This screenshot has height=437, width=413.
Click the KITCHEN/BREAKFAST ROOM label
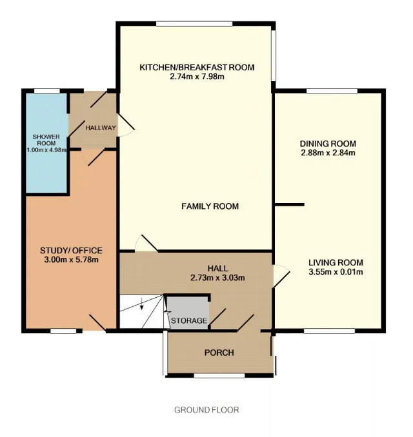coord(197,68)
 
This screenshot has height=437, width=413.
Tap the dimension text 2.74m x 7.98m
coord(197,77)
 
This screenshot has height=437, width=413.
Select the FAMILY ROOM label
coord(210,206)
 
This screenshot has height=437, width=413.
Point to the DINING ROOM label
coord(328,144)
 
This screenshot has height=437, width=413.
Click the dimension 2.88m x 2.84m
coord(328,153)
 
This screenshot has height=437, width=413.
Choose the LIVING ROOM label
coord(336,262)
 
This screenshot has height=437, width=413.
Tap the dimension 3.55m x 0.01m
coord(336,272)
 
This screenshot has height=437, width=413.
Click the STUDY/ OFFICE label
coord(71,251)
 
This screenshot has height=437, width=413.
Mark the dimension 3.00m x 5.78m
coord(71,260)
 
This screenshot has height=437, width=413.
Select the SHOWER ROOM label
coord(46,140)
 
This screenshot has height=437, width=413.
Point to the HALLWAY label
coord(101,128)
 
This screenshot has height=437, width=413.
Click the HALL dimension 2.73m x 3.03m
coord(217,278)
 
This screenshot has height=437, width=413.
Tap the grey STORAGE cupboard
coord(187,313)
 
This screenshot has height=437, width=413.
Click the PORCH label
coord(219,353)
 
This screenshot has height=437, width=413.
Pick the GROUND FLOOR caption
coord(206,410)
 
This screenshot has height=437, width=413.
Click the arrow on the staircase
coord(142,304)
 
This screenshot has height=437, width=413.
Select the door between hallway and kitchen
coord(126,125)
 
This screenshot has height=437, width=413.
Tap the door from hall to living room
coord(281,276)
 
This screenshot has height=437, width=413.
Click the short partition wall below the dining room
coord(289,205)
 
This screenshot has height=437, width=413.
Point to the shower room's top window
coord(47,91)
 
